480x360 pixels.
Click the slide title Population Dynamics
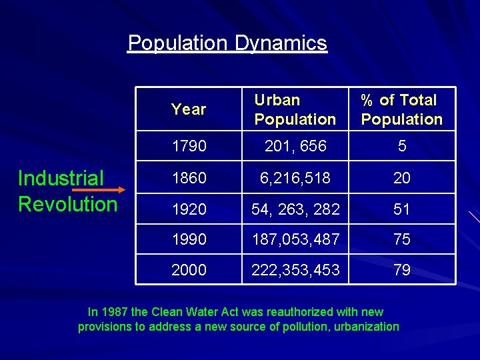[x=227, y=43]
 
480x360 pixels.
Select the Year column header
[x=189, y=109]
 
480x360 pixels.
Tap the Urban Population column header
[x=295, y=110]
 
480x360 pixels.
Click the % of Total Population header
[x=401, y=110]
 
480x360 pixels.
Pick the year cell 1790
[x=189, y=146]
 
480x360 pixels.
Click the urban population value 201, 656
[x=295, y=146]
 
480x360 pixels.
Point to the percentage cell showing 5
[x=402, y=146]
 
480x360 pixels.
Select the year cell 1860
[x=189, y=178]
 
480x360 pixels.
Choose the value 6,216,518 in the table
[x=295, y=178]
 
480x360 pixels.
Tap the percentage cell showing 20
[x=402, y=178]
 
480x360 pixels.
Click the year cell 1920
[x=189, y=209]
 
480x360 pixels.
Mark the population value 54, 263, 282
[x=295, y=209]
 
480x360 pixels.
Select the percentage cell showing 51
[x=402, y=209]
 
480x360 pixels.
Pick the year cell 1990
[x=189, y=239]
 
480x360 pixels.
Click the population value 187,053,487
[x=295, y=239]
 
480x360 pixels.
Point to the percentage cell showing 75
[x=402, y=239]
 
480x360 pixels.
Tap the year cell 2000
[x=189, y=270]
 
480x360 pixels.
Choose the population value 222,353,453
[x=295, y=270]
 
